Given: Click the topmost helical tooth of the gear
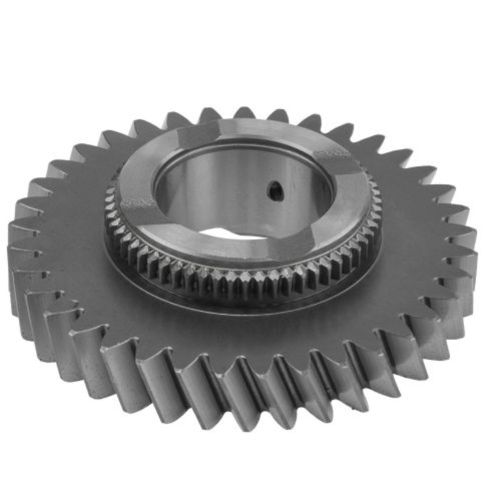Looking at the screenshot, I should point(243,114).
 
